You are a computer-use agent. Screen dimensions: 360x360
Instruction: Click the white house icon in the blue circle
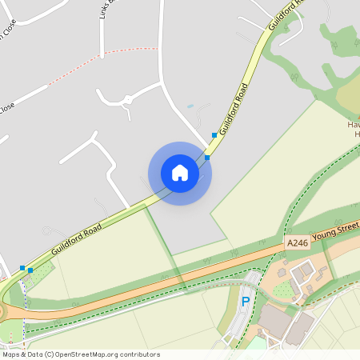[x=180, y=173]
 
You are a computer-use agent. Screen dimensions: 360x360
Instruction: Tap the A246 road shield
[x=296, y=241]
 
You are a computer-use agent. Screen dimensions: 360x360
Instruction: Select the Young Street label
[x=334, y=233]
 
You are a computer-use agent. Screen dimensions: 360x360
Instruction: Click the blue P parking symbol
[x=246, y=302]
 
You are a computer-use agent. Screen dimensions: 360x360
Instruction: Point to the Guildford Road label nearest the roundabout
[x=76, y=239]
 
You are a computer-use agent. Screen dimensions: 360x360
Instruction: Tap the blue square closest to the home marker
[x=207, y=158]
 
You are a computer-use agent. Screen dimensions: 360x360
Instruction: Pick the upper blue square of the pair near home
[x=214, y=135]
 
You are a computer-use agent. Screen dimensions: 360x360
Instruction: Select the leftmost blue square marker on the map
[x=22, y=267]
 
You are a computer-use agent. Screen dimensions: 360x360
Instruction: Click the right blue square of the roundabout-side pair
[x=30, y=270]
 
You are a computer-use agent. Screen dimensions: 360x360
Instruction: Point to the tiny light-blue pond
[x=190, y=106]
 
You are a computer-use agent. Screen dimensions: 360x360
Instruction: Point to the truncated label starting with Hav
[x=353, y=126]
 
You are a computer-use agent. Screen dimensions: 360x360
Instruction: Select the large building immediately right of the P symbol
[x=276, y=321]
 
